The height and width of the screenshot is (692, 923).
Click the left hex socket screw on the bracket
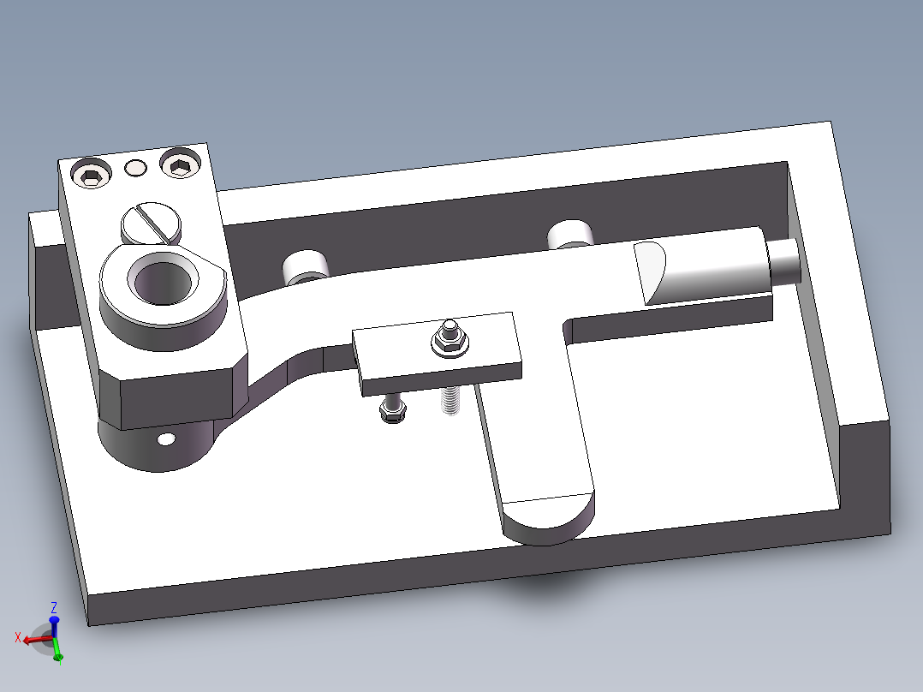[x=92, y=177]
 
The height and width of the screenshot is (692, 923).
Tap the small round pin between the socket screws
[x=135, y=167]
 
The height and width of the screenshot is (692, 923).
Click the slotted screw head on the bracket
[x=151, y=224]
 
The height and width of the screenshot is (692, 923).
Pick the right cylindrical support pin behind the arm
[x=570, y=235]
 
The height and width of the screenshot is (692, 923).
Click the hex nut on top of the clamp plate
[x=448, y=342]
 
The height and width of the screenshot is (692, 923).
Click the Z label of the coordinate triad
[x=54, y=607]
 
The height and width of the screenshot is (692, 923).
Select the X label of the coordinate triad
[x=18, y=637]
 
